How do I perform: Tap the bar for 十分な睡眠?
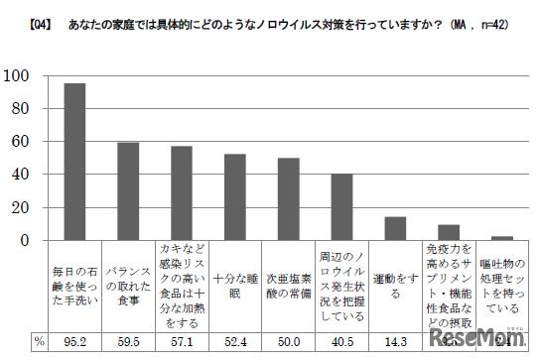tap(235, 197)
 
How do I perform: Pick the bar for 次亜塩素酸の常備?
tap(289, 199)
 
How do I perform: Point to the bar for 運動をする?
tap(395, 228)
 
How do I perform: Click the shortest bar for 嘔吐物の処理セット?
tap(502, 238)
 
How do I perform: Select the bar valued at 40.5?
tap(342, 207)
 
